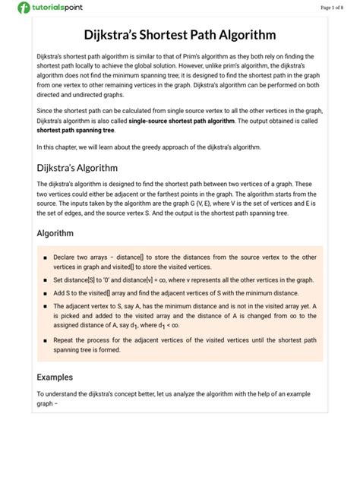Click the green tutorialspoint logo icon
click(x=24, y=8)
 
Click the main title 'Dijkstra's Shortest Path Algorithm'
click(x=179, y=35)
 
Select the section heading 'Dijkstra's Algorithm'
click(x=77, y=167)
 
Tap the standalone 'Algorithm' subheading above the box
click(x=55, y=233)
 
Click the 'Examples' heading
click(x=55, y=377)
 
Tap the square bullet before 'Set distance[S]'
click(x=46, y=280)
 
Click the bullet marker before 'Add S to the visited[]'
click(x=46, y=293)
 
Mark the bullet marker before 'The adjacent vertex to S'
click(x=46, y=306)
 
